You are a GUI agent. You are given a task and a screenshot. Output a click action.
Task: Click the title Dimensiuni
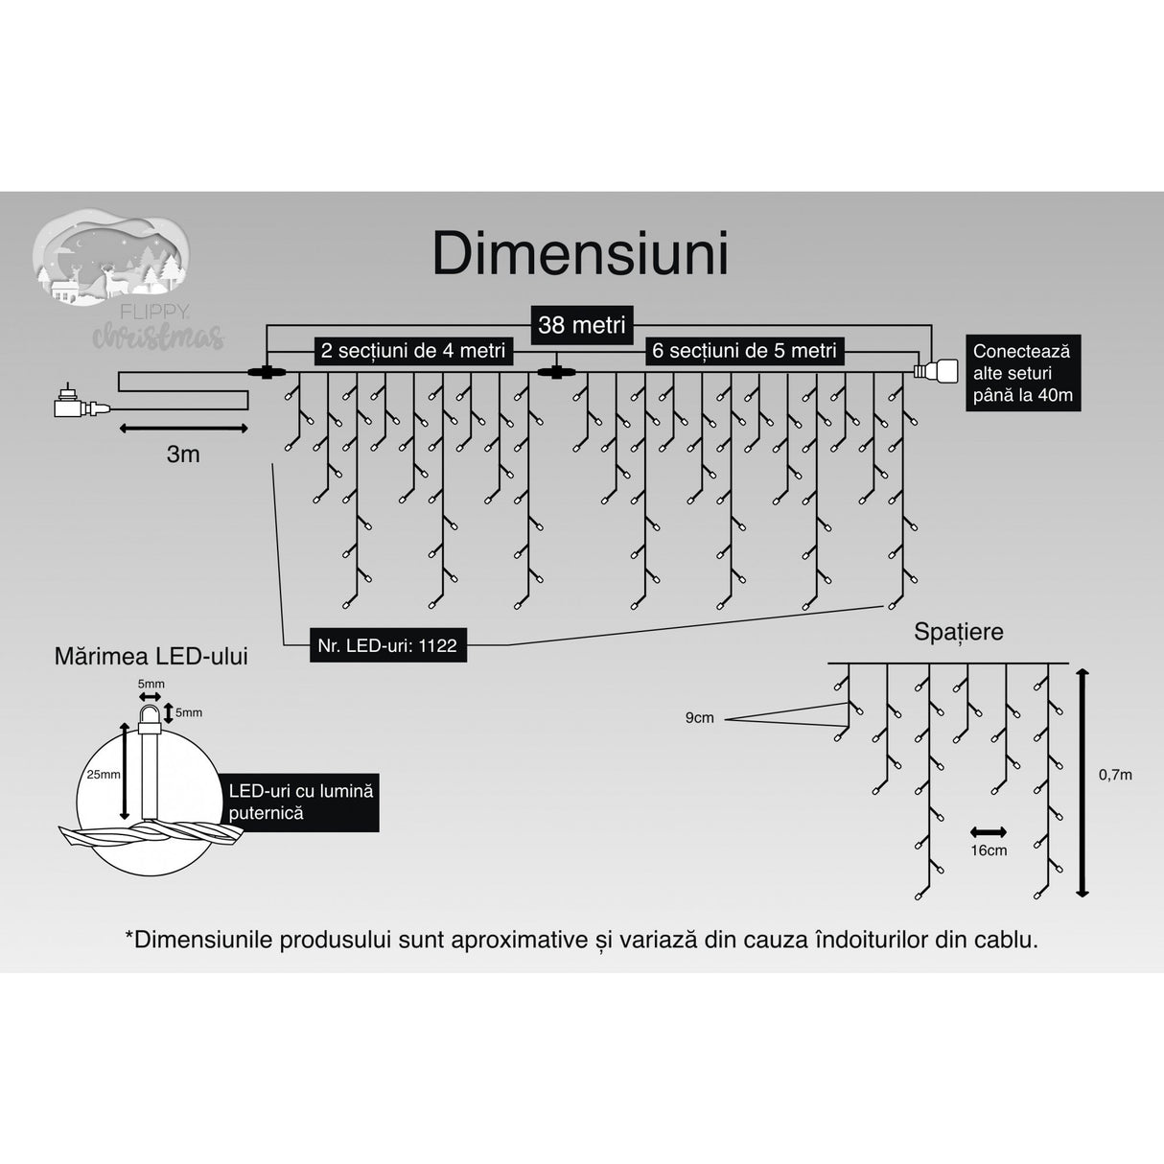click(x=580, y=254)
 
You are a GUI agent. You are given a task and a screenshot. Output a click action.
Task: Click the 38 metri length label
click(x=581, y=325)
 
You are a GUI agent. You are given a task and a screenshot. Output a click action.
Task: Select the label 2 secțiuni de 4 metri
click(x=412, y=351)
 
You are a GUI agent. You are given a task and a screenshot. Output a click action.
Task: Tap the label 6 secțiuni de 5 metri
click(x=744, y=351)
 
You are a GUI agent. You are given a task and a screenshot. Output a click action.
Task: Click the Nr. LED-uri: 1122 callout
click(x=387, y=646)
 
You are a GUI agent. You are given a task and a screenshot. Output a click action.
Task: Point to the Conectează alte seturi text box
click(x=1022, y=373)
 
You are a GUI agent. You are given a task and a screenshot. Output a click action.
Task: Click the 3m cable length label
click(x=183, y=454)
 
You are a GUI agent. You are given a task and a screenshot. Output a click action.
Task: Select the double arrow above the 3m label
click(x=183, y=429)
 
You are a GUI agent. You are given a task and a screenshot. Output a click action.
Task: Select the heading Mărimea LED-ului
click(x=151, y=656)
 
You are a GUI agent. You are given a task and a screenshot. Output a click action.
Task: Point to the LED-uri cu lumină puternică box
click(x=300, y=803)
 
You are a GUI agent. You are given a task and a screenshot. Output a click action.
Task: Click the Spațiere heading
click(x=958, y=632)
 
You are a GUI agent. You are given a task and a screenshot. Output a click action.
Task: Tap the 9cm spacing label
click(x=699, y=717)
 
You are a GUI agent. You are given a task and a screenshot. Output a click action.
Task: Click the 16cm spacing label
click(x=989, y=850)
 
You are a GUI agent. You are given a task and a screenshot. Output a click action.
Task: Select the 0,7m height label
click(x=1115, y=775)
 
